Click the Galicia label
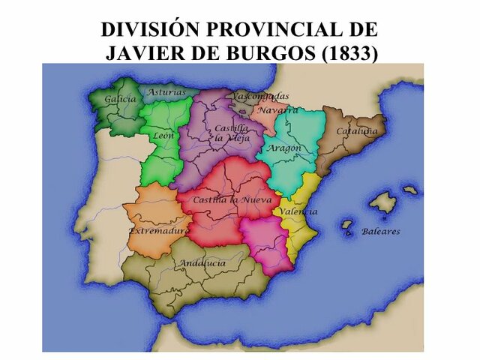click(x=121, y=98)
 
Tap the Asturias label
click(x=166, y=92)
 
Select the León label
click(x=163, y=136)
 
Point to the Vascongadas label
click(x=260, y=97)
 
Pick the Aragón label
click(x=286, y=148)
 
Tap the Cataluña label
click(x=352, y=130)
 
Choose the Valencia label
click(x=298, y=211)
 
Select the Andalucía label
click(x=201, y=263)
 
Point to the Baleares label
click(x=381, y=232)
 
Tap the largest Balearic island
click(x=383, y=202)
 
